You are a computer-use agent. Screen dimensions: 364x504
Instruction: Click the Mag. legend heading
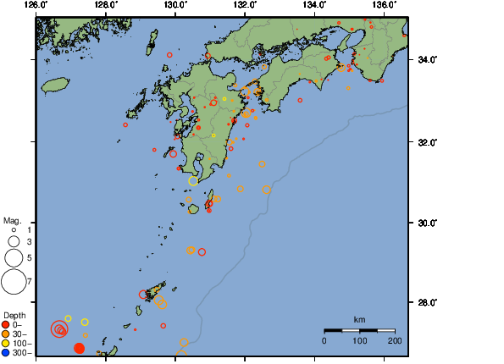pos(11,219)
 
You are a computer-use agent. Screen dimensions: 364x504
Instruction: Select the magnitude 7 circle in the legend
pos(14,279)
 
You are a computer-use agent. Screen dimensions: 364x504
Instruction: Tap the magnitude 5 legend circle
pos(14,257)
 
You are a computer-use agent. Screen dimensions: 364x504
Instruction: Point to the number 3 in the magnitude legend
pos(29,242)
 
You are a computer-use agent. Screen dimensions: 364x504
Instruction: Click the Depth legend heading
pos(14,315)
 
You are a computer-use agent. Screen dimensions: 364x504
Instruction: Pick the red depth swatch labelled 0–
pos(6,324)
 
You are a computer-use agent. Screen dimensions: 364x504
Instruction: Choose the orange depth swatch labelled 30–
pos(6,334)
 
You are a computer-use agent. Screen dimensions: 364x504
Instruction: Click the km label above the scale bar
pos(359,319)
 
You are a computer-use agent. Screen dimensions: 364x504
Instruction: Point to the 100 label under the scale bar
pos(359,340)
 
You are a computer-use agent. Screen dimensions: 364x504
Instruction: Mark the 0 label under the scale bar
pos(324,340)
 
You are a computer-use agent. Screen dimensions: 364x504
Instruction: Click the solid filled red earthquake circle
pos(79,348)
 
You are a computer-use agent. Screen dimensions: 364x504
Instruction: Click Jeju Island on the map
pos(55,85)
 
